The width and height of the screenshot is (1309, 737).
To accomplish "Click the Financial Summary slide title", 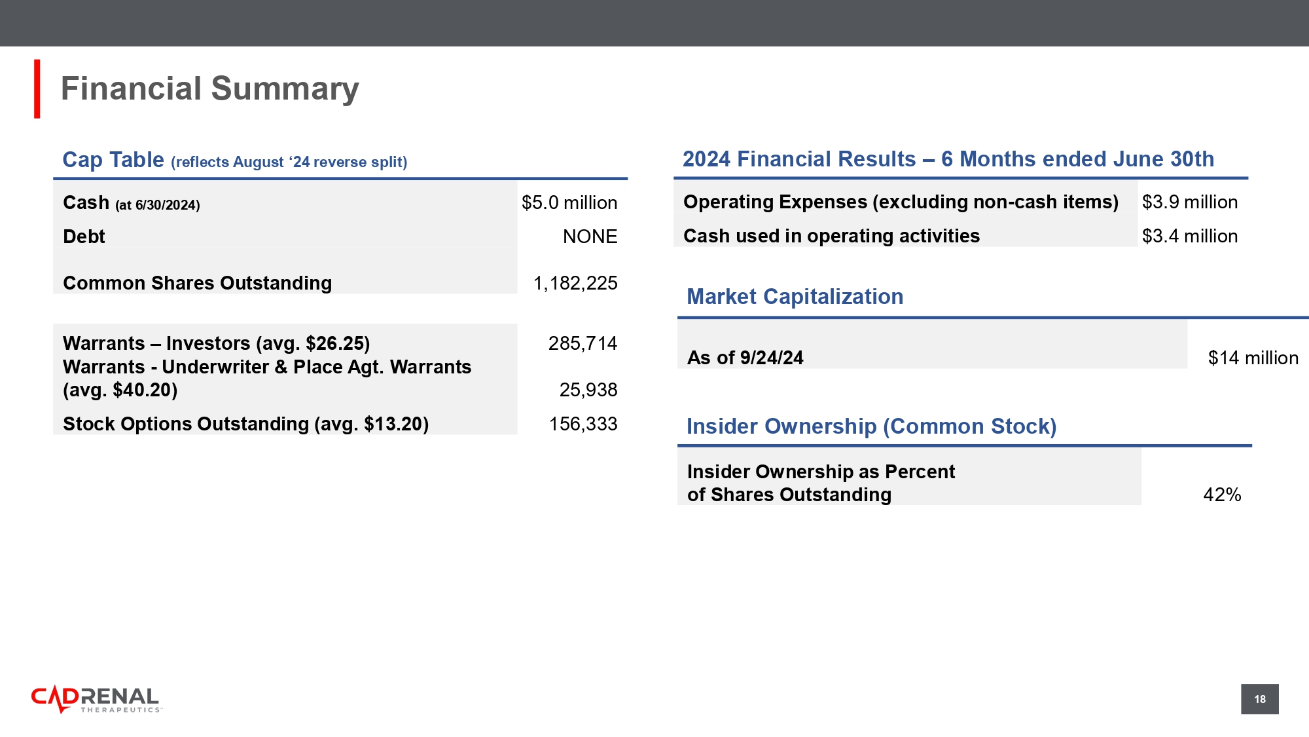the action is pyautogui.click(x=209, y=89).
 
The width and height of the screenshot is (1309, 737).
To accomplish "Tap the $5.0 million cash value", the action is pyautogui.click(x=569, y=203).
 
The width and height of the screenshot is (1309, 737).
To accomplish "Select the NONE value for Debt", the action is pyautogui.click(x=590, y=236).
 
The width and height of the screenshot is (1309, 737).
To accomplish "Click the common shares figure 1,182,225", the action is pyautogui.click(x=575, y=283).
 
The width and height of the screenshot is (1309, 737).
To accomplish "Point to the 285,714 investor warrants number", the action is pyautogui.click(x=583, y=343).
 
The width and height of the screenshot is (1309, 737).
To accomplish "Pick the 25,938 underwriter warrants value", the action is pyautogui.click(x=588, y=390).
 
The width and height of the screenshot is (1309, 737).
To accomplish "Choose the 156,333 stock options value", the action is pyautogui.click(x=583, y=424).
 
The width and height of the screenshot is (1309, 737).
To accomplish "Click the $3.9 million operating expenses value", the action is pyautogui.click(x=1190, y=202).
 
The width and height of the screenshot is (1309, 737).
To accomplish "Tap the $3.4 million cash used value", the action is pyautogui.click(x=1190, y=236).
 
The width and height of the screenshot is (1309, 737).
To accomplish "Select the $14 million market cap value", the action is pyautogui.click(x=1253, y=358).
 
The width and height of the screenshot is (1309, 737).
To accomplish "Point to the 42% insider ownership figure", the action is pyautogui.click(x=1222, y=495).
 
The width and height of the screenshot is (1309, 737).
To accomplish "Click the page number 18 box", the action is pyautogui.click(x=1260, y=699).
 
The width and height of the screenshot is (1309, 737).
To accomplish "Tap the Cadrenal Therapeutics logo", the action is pyautogui.click(x=96, y=700).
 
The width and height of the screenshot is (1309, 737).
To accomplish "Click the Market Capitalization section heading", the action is pyautogui.click(x=795, y=297).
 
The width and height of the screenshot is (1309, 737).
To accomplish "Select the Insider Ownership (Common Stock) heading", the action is pyautogui.click(x=871, y=426).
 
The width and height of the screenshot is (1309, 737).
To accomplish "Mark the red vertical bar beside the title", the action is pyautogui.click(x=37, y=89).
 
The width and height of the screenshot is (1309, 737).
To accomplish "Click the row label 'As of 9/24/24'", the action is pyautogui.click(x=745, y=358).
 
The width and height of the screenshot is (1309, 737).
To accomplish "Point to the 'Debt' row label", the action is pyautogui.click(x=84, y=236).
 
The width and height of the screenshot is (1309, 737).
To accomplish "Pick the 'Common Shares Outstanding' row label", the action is pyautogui.click(x=197, y=283).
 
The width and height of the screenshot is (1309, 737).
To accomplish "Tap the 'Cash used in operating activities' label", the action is pyautogui.click(x=831, y=236).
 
